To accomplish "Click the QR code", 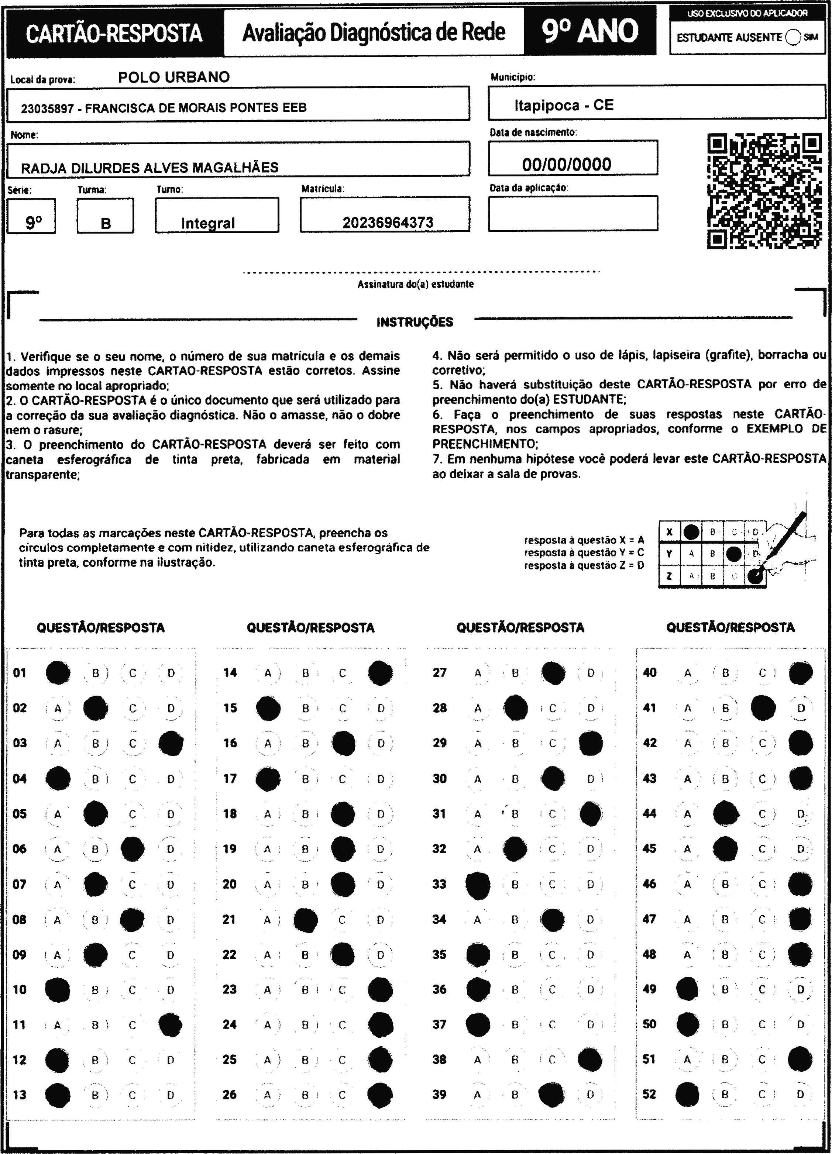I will point(764,191).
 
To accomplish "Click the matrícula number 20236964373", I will point(388,223).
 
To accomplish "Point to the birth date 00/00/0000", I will point(566,164).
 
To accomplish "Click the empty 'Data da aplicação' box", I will point(573,213).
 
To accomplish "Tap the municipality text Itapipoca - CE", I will point(564,105).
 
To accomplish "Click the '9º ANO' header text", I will point(590,31).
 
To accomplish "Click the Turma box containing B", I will point(105,216).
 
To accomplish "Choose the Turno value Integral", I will point(208,223).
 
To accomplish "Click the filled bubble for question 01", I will point(58,673).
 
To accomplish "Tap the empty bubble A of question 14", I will point(268,673).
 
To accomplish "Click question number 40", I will point(650,673).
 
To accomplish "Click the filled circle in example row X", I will point(691,532).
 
